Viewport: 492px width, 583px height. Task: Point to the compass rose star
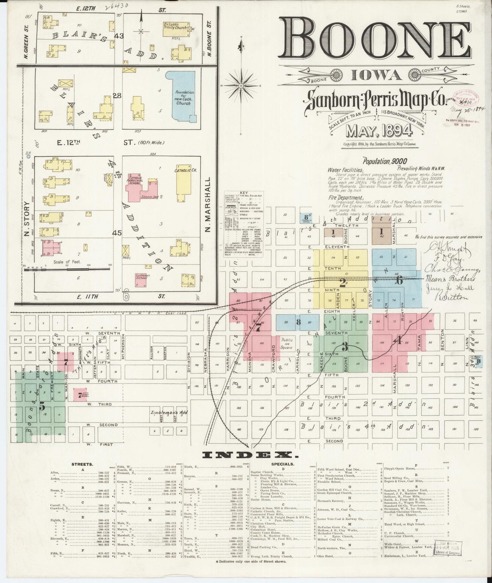pos(241,85)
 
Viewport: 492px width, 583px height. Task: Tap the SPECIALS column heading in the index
pos(283,464)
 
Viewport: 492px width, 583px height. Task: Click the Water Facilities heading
pos(345,170)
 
